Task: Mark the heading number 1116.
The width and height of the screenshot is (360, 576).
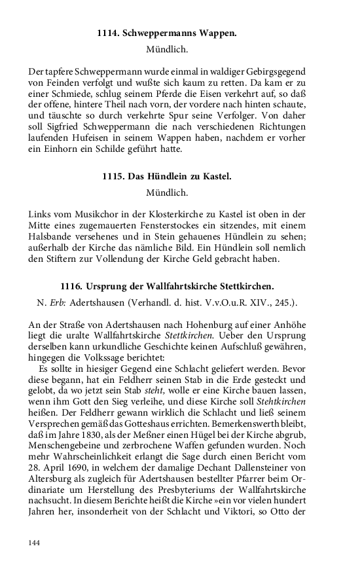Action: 71,286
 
